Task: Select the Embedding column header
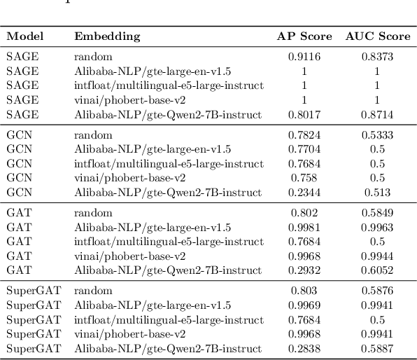(107, 36)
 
